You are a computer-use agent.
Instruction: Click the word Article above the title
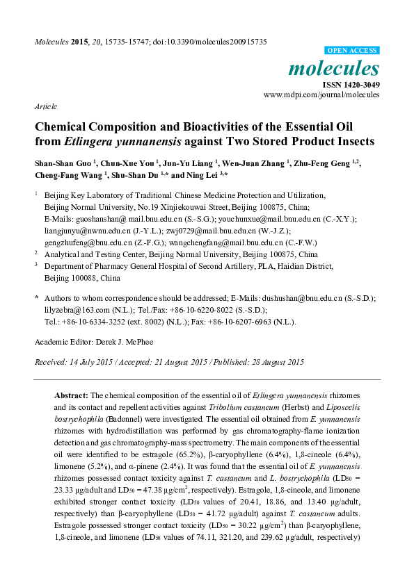45,107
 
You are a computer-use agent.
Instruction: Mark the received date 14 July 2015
93,363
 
